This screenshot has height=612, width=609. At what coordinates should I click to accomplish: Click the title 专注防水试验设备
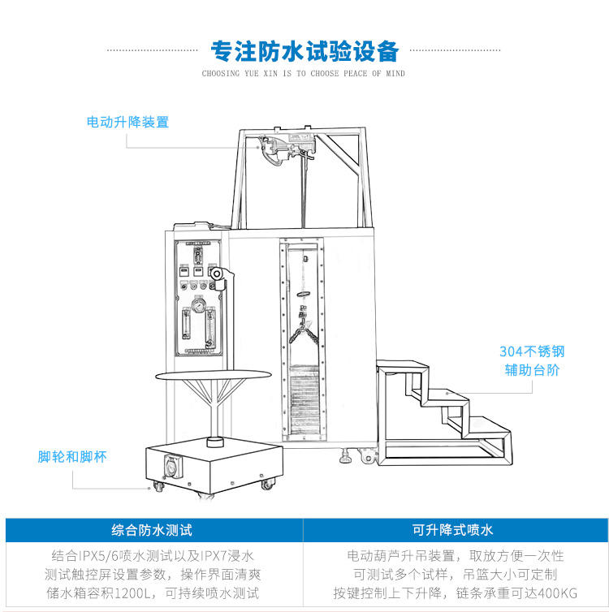(x=304, y=51)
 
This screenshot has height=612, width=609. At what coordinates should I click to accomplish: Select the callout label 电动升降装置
(x=127, y=123)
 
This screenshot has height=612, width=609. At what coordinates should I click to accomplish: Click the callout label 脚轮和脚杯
(x=72, y=457)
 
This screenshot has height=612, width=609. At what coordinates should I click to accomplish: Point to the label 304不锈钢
(x=532, y=352)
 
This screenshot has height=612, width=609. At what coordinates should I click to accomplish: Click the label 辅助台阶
(x=532, y=371)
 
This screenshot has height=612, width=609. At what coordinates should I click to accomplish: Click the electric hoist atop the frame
(x=284, y=149)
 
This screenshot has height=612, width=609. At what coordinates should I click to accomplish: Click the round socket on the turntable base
(x=173, y=468)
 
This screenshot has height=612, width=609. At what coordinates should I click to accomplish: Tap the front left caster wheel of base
(x=158, y=487)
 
